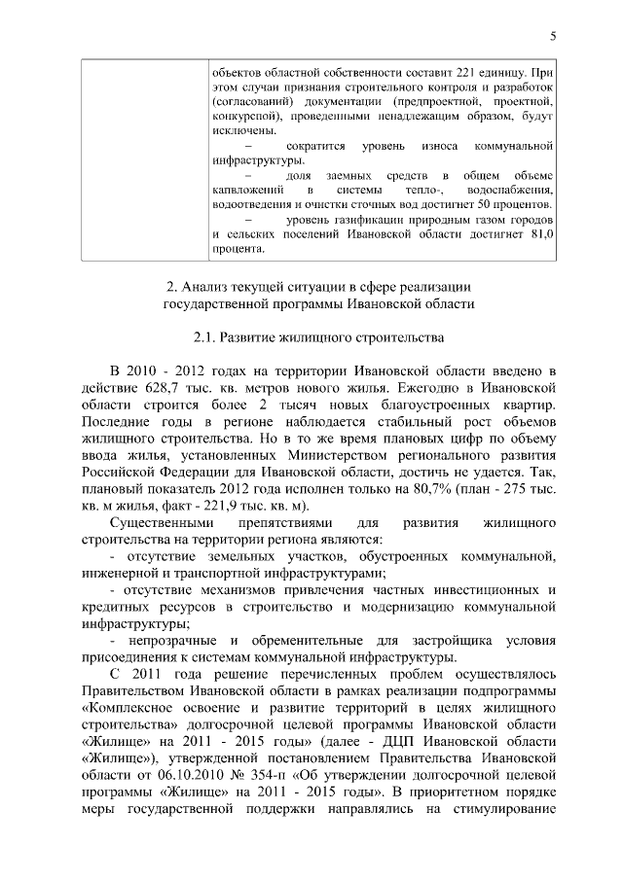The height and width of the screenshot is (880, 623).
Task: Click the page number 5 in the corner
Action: click(553, 37)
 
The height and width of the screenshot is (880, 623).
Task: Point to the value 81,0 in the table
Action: click(540, 234)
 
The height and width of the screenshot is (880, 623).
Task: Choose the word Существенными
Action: click(157, 523)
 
